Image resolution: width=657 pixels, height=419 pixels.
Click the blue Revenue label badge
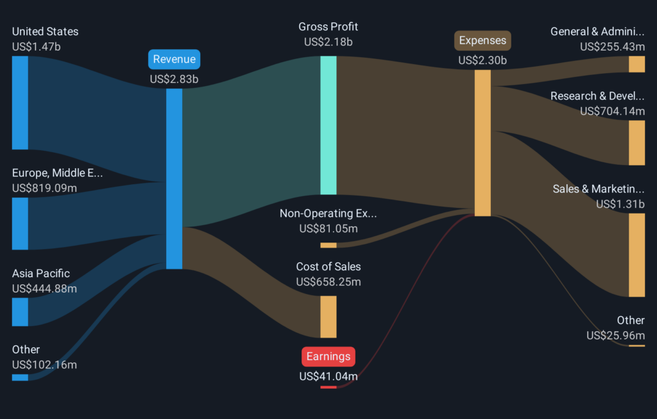(x=174, y=60)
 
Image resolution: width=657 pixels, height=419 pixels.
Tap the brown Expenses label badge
(x=482, y=40)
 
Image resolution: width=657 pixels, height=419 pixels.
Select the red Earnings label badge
(x=328, y=356)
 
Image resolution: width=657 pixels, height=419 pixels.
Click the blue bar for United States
(x=20, y=103)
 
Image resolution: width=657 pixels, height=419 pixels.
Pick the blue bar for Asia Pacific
(x=20, y=312)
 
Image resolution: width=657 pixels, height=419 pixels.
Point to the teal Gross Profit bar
(x=328, y=125)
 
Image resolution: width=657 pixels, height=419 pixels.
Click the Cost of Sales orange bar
(x=328, y=316)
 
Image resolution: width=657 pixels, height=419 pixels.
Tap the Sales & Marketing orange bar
(x=636, y=255)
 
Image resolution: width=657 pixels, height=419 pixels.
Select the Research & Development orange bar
(x=636, y=142)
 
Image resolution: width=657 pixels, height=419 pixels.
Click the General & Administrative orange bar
(x=636, y=64)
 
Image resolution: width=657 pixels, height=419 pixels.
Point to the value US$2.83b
(x=174, y=80)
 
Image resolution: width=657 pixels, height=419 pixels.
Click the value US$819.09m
(x=44, y=188)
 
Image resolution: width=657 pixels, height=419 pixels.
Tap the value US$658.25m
(x=328, y=282)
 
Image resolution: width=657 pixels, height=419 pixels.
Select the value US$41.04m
(x=328, y=376)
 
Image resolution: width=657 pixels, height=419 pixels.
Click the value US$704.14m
(x=612, y=111)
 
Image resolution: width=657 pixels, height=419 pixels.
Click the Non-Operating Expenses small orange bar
(x=328, y=245)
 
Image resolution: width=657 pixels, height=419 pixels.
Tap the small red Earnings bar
(x=328, y=387)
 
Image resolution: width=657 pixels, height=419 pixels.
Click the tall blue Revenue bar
(x=174, y=178)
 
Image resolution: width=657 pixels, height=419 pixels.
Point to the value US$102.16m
(x=44, y=364)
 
